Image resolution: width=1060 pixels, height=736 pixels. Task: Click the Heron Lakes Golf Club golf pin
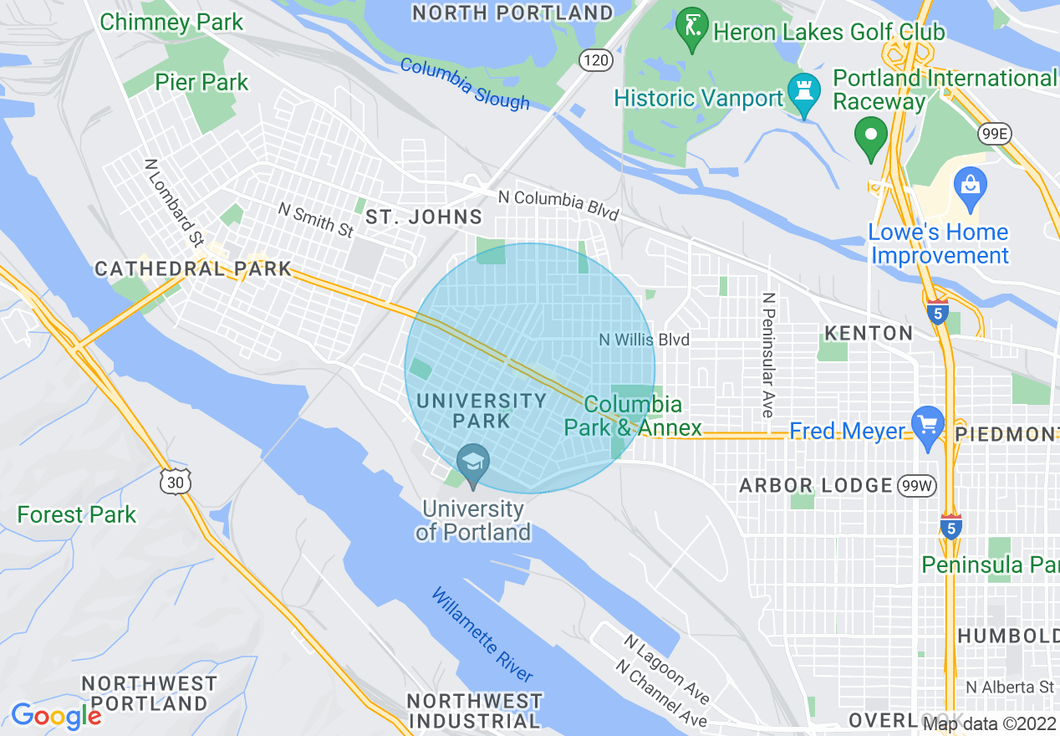(x=691, y=28)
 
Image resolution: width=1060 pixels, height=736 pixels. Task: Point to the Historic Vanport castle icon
(x=804, y=94)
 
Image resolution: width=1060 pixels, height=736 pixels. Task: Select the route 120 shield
(x=597, y=60)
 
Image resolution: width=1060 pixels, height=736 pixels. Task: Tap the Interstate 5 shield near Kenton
(x=937, y=313)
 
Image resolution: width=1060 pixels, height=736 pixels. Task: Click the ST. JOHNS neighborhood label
(x=424, y=217)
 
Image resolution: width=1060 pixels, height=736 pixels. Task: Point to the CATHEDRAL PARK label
(x=193, y=268)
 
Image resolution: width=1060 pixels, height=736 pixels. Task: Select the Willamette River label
(x=482, y=634)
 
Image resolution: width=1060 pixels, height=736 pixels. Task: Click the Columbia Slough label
(x=465, y=84)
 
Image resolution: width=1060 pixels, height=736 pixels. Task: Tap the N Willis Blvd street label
(x=645, y=340)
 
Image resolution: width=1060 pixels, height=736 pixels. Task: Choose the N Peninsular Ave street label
(x=767, y=355)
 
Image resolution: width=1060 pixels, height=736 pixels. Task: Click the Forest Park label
(x=77, y=514)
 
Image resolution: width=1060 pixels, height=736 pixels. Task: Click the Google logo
(x=56, y=716)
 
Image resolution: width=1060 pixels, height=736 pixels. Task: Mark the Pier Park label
(x=201, y=82)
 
